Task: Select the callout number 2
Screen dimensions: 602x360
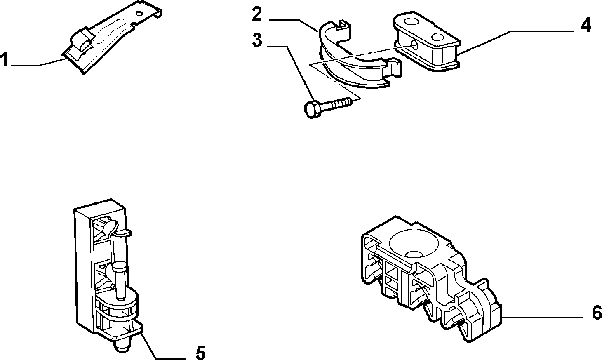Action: [257, 14]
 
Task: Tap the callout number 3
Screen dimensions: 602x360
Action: [257, 40]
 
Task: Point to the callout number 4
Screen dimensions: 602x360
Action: [586, 25]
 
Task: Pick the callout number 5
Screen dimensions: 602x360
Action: [200, 352]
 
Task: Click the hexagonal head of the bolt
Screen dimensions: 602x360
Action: [313, 110]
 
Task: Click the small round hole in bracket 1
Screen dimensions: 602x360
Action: [139, 13]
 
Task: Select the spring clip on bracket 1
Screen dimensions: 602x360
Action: [82, 39]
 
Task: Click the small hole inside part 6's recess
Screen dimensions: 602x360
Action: [414, 254]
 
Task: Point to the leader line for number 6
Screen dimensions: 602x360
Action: [542, 318]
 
